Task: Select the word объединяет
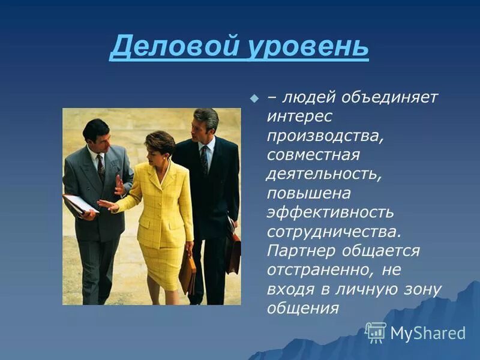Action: (x=390, y=97)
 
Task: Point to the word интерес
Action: (x=300, y=116)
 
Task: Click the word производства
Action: (x=324, y=136)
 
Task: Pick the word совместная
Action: (x=313, y=155)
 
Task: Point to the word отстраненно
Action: (x=325, y=269)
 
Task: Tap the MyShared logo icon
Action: (x=376, y=332)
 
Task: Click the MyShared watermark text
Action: (x=428, y=334)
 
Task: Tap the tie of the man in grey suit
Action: (x=101, y=168)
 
